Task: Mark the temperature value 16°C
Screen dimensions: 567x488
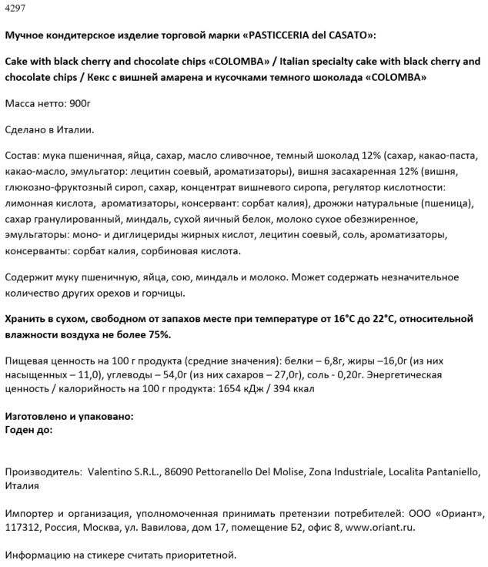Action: click(x=342, y=319)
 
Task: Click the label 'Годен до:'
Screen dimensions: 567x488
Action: click(x=28, y=430)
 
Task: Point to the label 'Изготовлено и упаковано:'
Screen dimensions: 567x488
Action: click(x=69, y=416)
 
